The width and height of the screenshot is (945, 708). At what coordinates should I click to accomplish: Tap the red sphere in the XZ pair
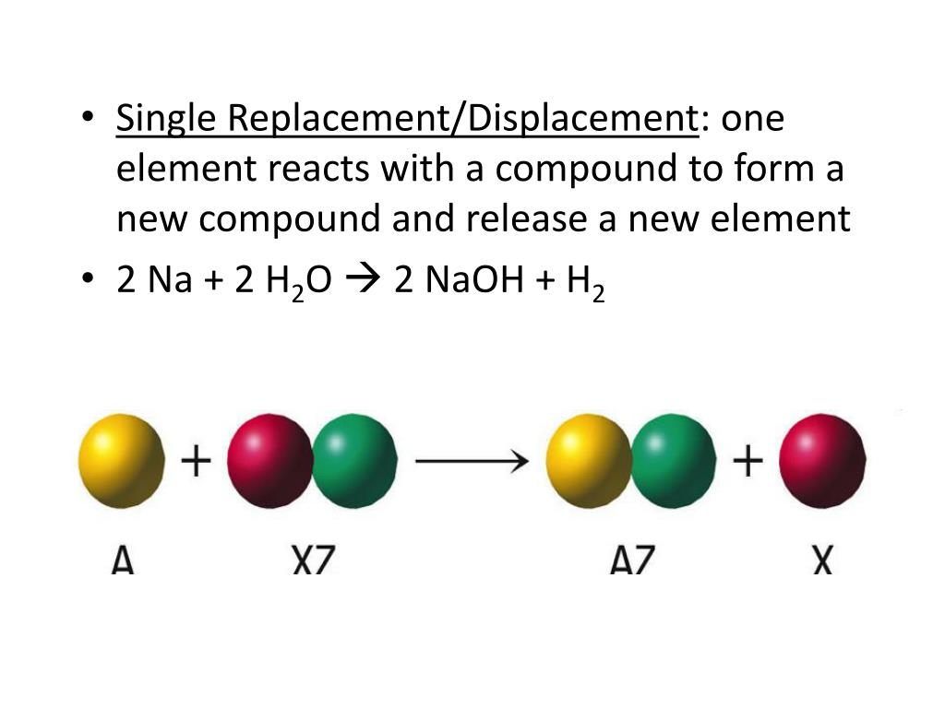(269, 460)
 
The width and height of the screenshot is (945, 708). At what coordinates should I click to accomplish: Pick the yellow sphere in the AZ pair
(587, 460)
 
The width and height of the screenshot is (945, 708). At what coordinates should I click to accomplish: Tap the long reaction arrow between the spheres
(472, 460)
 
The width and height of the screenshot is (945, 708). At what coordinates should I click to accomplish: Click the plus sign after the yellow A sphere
(195, 460)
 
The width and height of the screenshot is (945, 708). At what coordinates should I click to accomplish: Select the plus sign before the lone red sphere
(748, 460)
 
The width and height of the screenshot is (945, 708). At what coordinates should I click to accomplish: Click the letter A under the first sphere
(123, 560)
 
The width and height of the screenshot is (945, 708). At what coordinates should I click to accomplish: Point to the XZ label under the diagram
(313, 560)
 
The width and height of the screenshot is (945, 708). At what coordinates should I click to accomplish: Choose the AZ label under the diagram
(631, 560)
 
